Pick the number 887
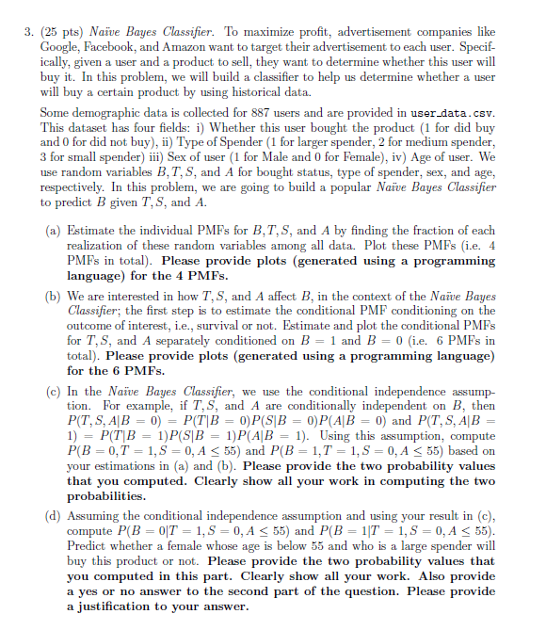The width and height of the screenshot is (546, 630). tap(242, 112)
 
